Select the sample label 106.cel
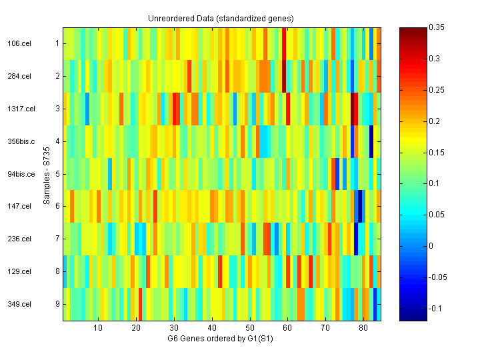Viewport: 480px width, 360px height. [x=19, y=43]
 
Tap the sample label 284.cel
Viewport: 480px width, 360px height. [x=19, y=76]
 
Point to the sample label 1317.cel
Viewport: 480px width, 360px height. [x=20, y=109]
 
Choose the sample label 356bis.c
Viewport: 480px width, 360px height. [x=20, y=141]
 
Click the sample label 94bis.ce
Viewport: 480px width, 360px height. [x=20, y=174]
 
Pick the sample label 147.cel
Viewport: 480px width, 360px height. [x=19, y=206]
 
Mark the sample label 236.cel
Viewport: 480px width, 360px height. [x=19, y=239]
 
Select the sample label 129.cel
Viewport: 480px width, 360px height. [x=19, y=271]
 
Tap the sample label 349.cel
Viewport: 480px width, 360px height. [x=19, y=304]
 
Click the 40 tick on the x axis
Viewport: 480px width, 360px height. [x=212, y=328]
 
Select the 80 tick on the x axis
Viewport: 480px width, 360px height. [x=363, y=328]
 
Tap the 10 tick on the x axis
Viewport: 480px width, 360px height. [x=98, y=328]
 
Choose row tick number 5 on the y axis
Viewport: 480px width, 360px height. [x=57, y=174]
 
